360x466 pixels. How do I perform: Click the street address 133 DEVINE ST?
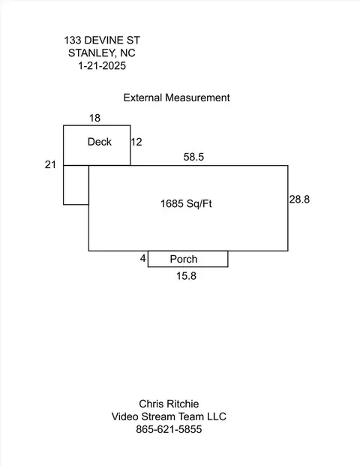point(102,40)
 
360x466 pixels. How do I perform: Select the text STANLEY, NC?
point(102,53)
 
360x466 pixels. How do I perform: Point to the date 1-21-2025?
point(102,66)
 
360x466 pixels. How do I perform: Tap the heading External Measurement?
point(177,98)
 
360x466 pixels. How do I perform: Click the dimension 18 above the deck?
point(94,118)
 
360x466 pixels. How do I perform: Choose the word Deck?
point(100,142)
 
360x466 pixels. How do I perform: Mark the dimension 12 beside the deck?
point(136,142)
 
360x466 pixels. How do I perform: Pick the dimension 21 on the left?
point(50,164)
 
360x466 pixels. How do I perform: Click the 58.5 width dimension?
point(193,157)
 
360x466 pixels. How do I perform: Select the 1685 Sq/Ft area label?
point(186,204)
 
